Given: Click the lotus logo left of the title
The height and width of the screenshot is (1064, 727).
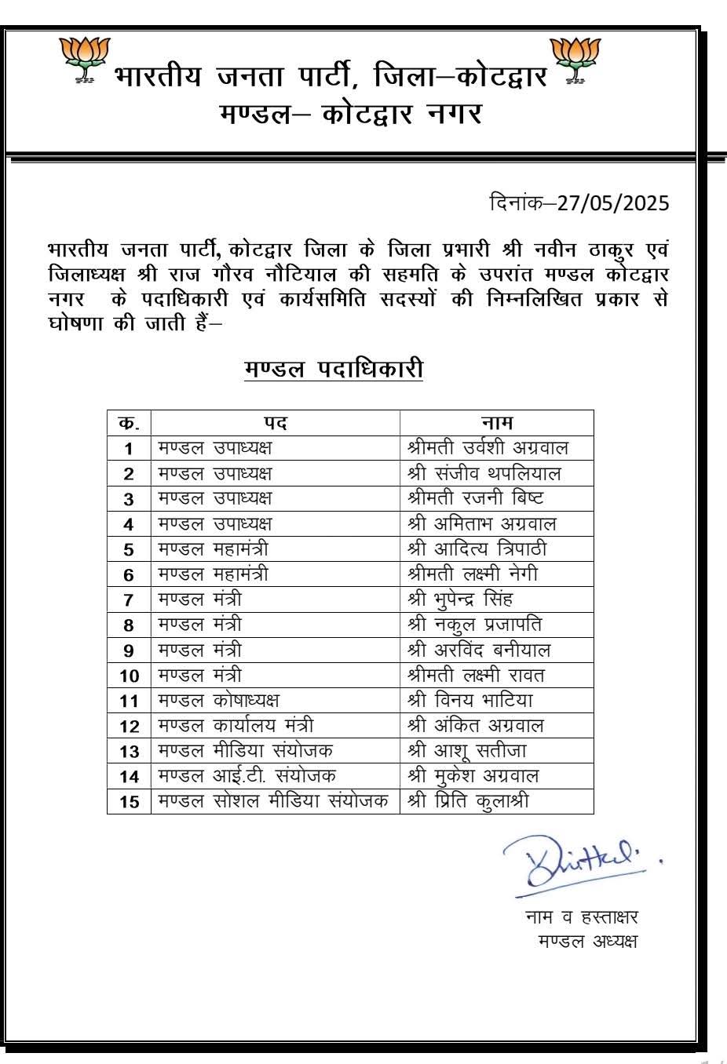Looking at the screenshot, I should coord(84,60).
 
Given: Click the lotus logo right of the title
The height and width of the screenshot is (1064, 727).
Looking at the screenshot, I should coord(575,60).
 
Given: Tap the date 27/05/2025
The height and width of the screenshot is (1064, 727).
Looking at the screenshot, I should coord(613,203).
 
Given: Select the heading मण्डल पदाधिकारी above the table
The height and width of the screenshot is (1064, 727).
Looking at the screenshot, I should coord(334,368).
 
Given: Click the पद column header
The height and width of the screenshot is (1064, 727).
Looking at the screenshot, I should coord(276,423).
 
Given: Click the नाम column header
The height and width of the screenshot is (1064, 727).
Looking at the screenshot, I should coord(496,423).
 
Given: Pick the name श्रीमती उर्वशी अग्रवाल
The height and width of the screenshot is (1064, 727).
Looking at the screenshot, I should coord(488,448).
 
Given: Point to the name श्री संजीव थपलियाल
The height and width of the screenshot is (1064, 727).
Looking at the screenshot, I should coord(484,473).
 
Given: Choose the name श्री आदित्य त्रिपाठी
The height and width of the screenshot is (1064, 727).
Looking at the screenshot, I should coord(477,548).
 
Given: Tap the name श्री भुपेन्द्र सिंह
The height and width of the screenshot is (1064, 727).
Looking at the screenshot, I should coord(460,599).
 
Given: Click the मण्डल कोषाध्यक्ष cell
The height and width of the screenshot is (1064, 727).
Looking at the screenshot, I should coord(218,700).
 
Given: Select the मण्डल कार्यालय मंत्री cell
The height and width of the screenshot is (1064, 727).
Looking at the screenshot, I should coord(236,726).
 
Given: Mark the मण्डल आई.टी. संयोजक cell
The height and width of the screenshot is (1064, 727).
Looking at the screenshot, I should coord(247,776).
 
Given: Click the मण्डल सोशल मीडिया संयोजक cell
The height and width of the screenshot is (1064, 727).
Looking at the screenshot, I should coord(273,801).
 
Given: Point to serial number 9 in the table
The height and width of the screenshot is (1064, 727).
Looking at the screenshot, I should coord(129,650).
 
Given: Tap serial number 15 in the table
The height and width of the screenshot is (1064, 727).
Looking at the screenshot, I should coord(129,802).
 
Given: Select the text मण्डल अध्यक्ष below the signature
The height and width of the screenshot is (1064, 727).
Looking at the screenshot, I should coord(587,941).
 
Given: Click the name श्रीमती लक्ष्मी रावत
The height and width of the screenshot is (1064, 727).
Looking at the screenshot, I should coord(476,675).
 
